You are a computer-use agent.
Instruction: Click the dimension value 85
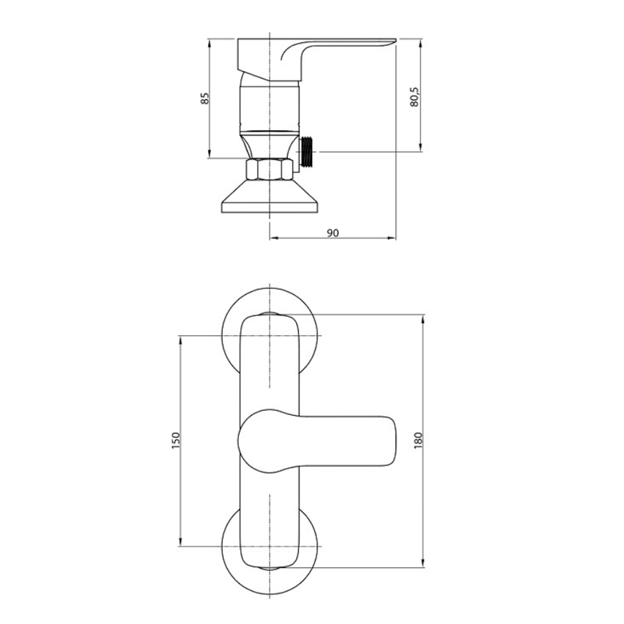(x=205, y=99)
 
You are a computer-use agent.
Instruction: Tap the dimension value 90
(x=333, y=233)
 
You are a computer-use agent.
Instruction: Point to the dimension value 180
(x=417, y=441)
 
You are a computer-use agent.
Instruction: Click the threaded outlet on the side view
(x=306, y=152)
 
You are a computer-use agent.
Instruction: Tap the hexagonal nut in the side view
(x=270, y=170)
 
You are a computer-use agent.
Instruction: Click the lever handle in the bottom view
(x=317, y=441)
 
